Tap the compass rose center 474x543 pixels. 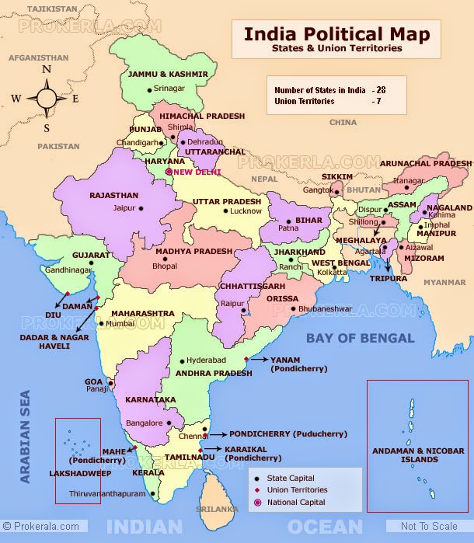(47, 99)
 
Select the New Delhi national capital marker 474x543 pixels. (169, 172)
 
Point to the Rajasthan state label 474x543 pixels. (113, 196)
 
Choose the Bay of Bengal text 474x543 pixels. (360, 338)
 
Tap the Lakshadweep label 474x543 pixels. (77, 472)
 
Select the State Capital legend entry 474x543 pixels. (291, 479)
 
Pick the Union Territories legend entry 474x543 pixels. (297, 490)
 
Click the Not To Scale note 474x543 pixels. (429, 527)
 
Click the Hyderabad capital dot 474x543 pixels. (181, 361)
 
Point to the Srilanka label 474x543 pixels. (216, 509)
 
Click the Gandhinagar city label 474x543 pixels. (68, 270)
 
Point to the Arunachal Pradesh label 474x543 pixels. (427, 164)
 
